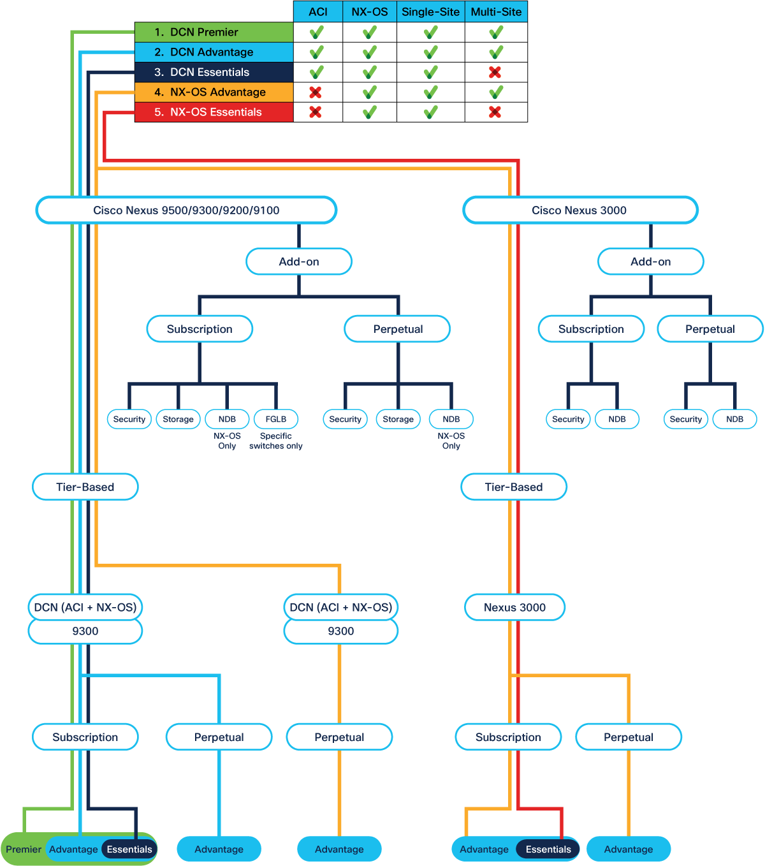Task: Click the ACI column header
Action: click(x=318, y=11)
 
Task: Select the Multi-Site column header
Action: click(x=496, y=11)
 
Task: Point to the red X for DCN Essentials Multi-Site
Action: click(x=495, y=72)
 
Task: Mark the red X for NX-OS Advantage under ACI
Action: click(x=316, y=92)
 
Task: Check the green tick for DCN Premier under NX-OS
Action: click(x=370, y=32)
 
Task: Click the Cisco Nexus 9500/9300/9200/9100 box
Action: click(x=186, y=210)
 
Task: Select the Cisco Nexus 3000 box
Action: click(x=580, y=210)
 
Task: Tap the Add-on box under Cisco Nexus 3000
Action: click(x=650, y=261)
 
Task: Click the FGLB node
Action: click(x=275, y=419)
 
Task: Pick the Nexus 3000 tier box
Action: click(x=514, y=607)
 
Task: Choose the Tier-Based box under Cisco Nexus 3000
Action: click(x=514, y=487)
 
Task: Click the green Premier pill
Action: click(x=23, y=849)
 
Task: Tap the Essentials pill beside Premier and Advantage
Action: click(x=129, y=849)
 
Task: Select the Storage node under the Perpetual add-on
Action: click(x=398, y=419)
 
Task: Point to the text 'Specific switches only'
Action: click(x=275, y=441)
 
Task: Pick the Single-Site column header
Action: click(x=430, y=11)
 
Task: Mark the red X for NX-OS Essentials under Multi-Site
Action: click(x=495, y=112)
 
